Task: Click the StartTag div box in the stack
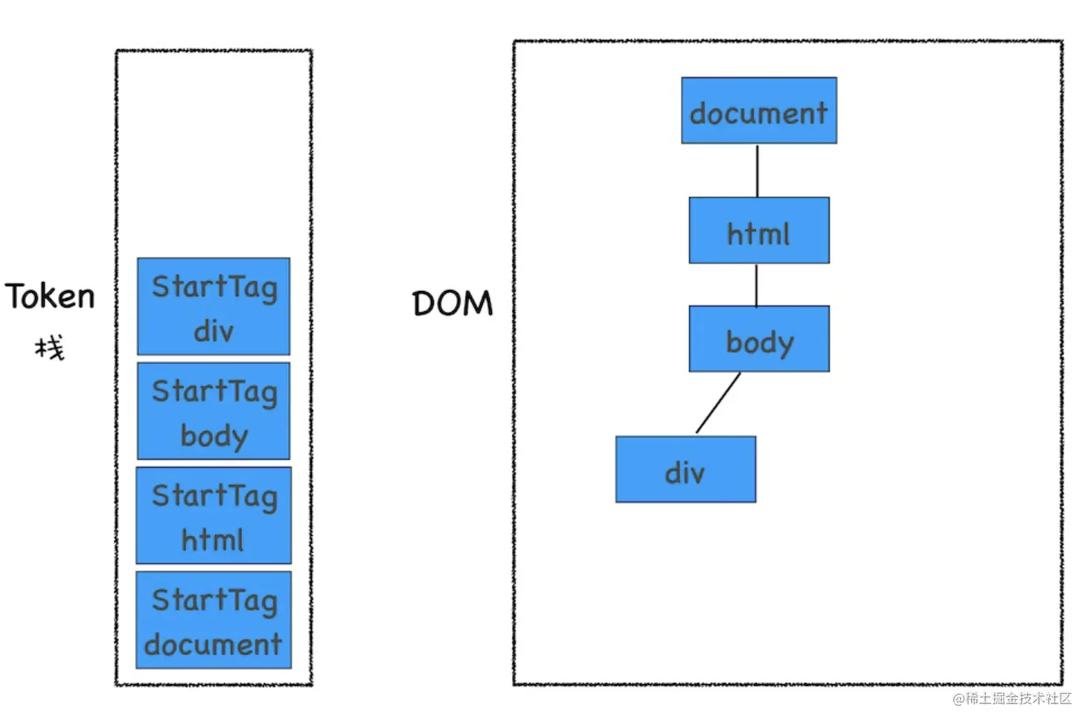click(214, 307)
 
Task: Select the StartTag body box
click(214, 411)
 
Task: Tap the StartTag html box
click(214, 516)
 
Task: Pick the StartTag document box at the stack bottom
click(214, 620)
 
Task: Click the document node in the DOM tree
click(759, 111)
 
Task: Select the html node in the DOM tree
click(759, 231)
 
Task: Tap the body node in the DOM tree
click(759, 339)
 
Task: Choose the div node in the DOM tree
click(685, 469)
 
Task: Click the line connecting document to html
click(758, 170)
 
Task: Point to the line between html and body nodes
click(756, 285)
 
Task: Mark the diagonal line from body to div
click(718, 403)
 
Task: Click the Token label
click(50, 296)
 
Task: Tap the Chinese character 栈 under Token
click(50, 348)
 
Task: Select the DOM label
click(452, 303)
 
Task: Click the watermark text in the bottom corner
click(1012, 699)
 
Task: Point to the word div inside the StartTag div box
click(214, 330)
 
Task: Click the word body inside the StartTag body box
click(214, 435)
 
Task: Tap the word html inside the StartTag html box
click(212, 540)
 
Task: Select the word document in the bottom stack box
click(214, 644)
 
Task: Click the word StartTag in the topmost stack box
click(214, 287)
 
